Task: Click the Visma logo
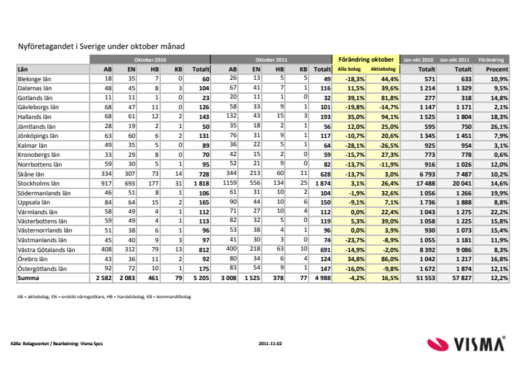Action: pos(466,344)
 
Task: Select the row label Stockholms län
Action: pos(38,183)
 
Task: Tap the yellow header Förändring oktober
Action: pos(366,60)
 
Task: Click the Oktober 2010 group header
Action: pos(150,60)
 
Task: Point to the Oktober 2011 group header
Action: pos(271,60)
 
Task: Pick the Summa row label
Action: pos(28,278)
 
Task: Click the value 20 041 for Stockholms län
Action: pos(462,183)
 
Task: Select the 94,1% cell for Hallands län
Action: pos(390,117)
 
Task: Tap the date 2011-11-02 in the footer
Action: pos(270,344)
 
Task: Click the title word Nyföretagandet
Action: pos(45,46)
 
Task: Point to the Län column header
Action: pos(22,69)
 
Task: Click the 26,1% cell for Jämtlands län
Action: pos(499,127)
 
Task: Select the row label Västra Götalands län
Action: pos(46,250)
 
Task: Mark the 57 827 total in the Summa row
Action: pos(462,278)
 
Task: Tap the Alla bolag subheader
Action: pos(349,69)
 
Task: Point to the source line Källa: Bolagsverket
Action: pos(57,344)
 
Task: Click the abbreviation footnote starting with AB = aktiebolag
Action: pos(104,297)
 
